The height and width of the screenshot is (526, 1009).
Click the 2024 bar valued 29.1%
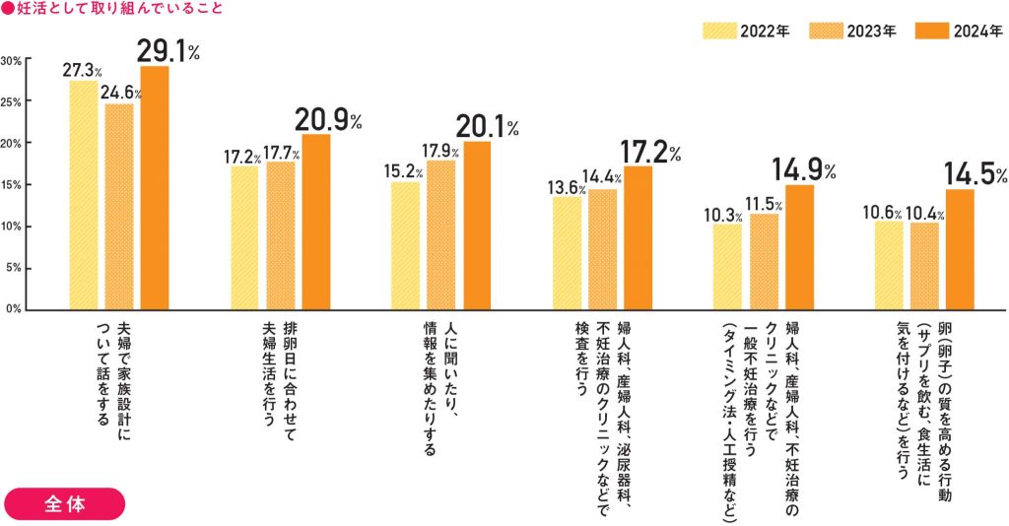(x=155, y=187)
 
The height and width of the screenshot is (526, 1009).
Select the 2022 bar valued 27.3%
(x=83, y=195)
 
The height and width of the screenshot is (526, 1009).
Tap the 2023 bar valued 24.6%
(x=119, y=206)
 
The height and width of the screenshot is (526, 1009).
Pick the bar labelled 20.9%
(x=316, y=222)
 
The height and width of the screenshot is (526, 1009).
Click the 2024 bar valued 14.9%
(x=799, y=247)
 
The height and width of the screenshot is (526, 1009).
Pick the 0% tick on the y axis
(x=14, y=309)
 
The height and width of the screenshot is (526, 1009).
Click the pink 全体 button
(x=65, y=503)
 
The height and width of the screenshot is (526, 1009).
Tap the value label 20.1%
(x=486, y=126)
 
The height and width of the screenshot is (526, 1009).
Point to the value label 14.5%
(x=975, y=173)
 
